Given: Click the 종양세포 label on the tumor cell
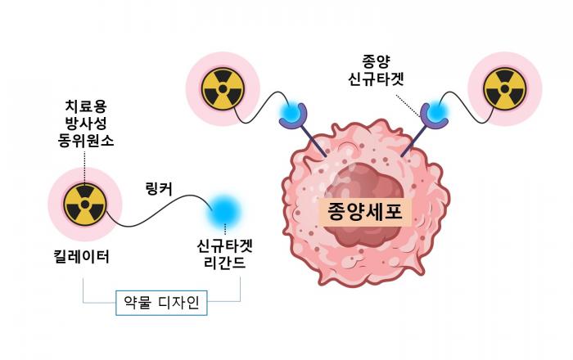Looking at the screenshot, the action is tap(365, 212).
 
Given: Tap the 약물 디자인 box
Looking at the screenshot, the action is tap(161, 303).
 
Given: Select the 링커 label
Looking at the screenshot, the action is tap(159, 189).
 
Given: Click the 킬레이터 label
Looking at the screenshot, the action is tap(82, 257).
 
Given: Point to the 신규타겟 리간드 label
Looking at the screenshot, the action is tap(225, 254).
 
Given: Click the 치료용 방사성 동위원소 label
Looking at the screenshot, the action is tap(85, 124).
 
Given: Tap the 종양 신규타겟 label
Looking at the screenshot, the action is tap(376, 70).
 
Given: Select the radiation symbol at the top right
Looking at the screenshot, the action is tap(505, 88).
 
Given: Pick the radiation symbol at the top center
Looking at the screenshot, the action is tap(223, 88).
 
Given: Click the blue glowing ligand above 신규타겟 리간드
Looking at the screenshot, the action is tap(224, 210).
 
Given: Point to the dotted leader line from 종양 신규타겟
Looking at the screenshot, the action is tap(408, 106).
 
